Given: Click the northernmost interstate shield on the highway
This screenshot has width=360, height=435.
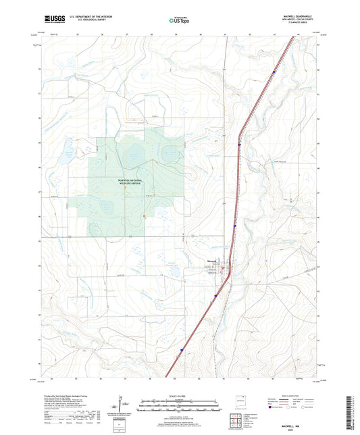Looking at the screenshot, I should pos(274,72).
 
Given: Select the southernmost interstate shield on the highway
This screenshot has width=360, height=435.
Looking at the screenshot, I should pos(181,350).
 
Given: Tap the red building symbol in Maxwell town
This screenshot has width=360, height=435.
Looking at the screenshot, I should pos(226,272).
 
